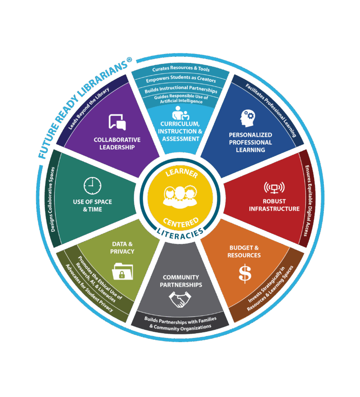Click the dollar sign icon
pyautogui.click(x=245, y=274)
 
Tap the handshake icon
pyautogui.click(x=180, y=300)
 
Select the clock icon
pyautogui.click(x=92, y=185)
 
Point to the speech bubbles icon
pyautogui.click(x=117, y=122)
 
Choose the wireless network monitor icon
pyautogui.click(x=274, y=189)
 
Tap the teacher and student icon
pyautogui.click(x=180, y=113)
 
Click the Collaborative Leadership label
pyautogui.click(x=117, y=143)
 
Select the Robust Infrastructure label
pyautogui.click(x=274, y=205)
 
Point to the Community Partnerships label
pyautogui.click(x=180, y=281)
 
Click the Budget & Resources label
pyautogui.click(x=244, y=252)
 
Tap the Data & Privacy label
pyautogui.click(x=123, y=248)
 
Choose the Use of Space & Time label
pyautogui.click(x=92, y=206)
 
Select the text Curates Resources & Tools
pyautogui.click(x=180, y=69)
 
